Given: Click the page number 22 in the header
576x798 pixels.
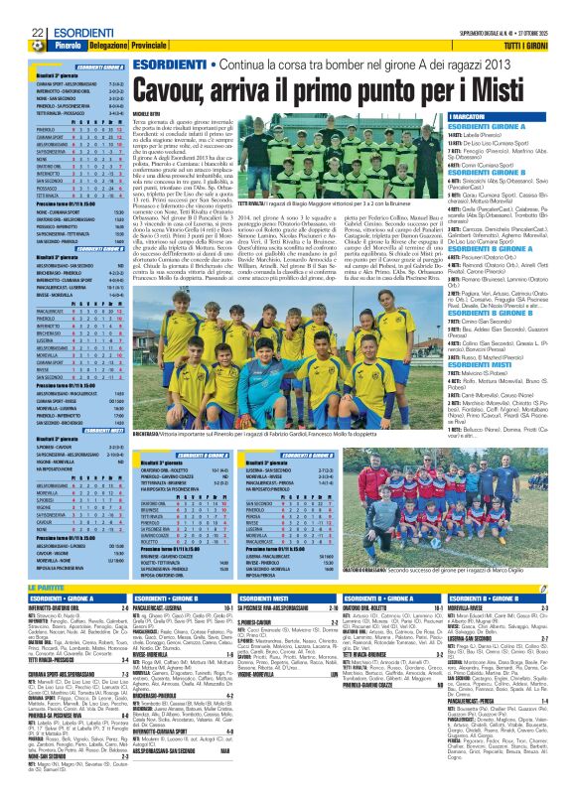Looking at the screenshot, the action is click(x=13, y=7).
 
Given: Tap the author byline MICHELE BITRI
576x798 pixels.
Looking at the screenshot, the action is click(x=149, y=116).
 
